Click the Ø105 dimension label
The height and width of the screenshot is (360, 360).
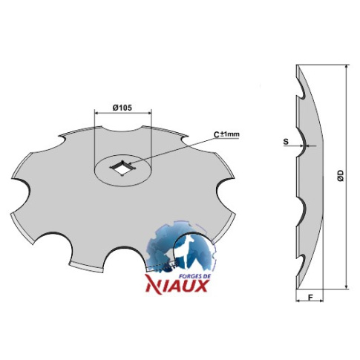tap(122, 108)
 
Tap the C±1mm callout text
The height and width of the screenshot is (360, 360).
tap(226, 134)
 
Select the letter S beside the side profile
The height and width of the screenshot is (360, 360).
tap(286, 142)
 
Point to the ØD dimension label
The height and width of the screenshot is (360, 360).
tap(341, 176)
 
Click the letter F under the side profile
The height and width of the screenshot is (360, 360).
tap(310, 297)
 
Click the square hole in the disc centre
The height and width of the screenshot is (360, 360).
tap(122, 167)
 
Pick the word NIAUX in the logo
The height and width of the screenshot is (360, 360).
tap(177, 286)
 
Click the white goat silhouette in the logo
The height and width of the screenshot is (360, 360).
tap(186, 251)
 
